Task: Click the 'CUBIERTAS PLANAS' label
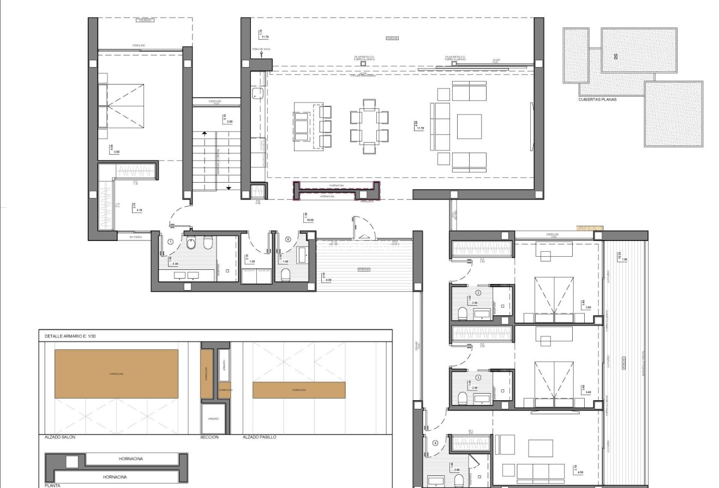point(598,100)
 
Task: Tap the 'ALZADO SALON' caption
point(60,437)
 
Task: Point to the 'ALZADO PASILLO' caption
point(260,437)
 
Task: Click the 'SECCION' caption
point(209,437)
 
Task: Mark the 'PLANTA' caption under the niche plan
point(52,485)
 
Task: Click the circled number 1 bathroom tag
point(171,241)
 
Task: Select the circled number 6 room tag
point(288,239)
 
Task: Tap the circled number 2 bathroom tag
point(478,293)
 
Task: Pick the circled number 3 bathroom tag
point(478,377)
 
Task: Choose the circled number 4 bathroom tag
point(435,443)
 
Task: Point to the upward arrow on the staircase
point(204,132)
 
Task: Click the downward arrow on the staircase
point(229,188)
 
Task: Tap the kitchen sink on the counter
point(257,93)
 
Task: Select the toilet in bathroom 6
point(285,274)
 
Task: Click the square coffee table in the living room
point(469,126)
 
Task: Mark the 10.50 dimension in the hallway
point(310,220)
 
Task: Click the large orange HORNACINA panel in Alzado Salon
point(116,373)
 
